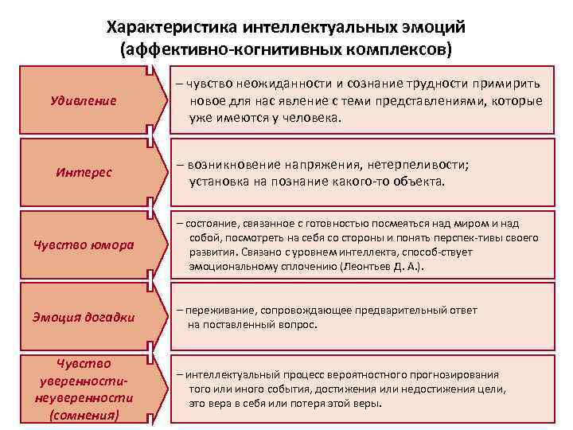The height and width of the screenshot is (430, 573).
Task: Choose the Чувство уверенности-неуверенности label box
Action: [84, 389]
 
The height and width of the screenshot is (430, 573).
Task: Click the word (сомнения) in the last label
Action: [84, 416]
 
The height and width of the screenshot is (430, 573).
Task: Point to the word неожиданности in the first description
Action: [269, 85]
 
